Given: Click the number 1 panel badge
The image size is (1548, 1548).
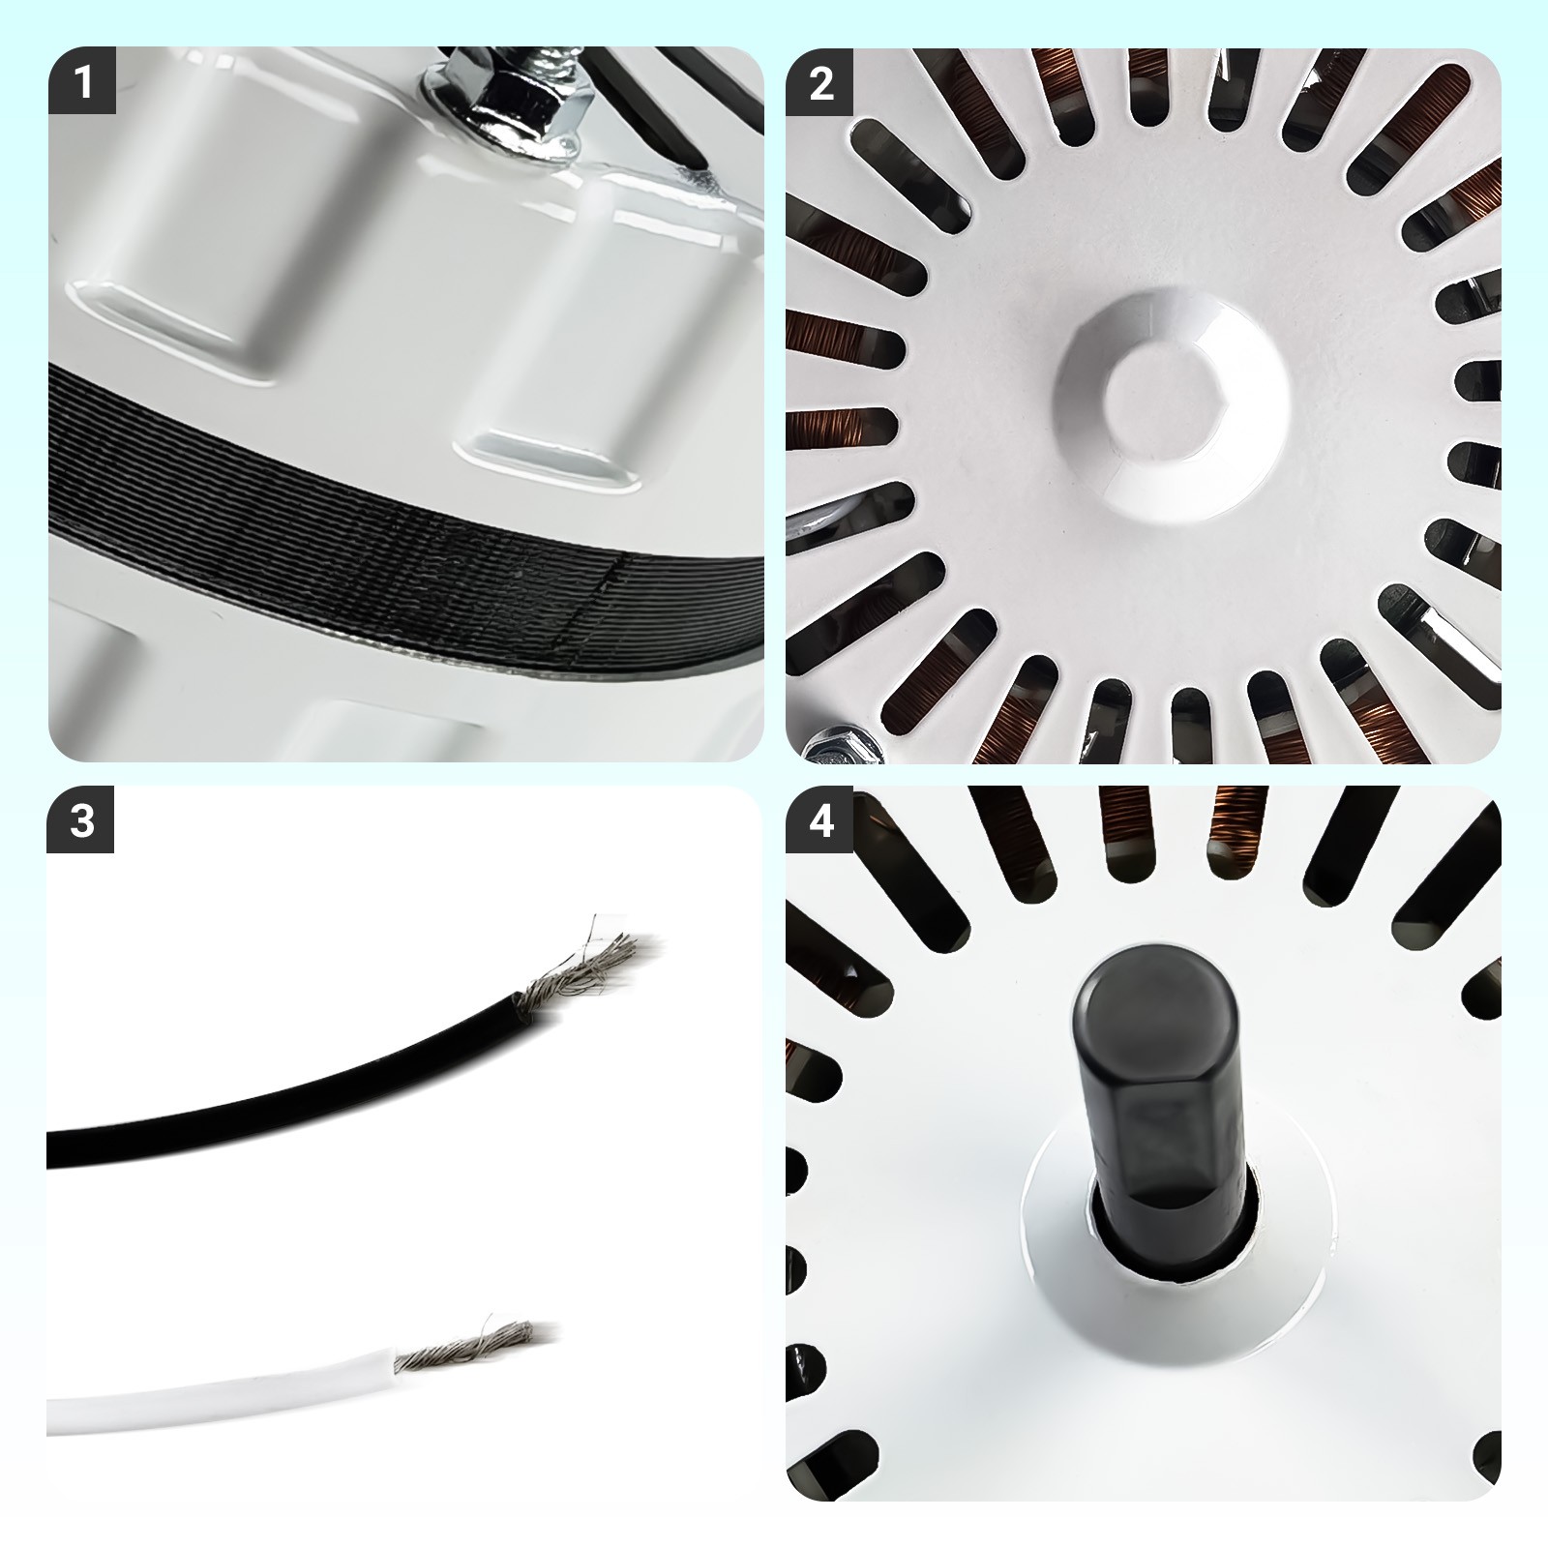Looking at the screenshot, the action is pos(82,81).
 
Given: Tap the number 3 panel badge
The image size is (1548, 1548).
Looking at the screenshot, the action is pos(82,820).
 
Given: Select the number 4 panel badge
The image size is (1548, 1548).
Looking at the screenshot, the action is pos(819,820).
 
